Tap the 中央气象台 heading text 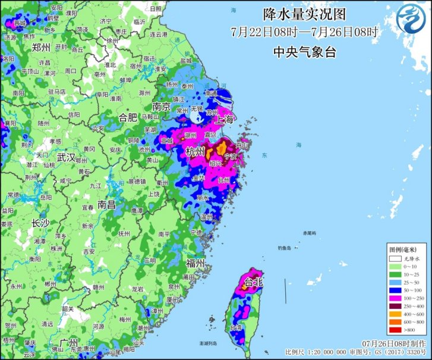point(304,52)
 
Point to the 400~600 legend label point(412,312)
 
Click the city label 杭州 point(195,152)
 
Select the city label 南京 point(161,107)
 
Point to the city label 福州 point(195,263)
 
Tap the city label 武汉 point(66,157)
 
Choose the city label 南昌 point(107,204)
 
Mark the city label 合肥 point(128,116)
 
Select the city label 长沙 point(40,223)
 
